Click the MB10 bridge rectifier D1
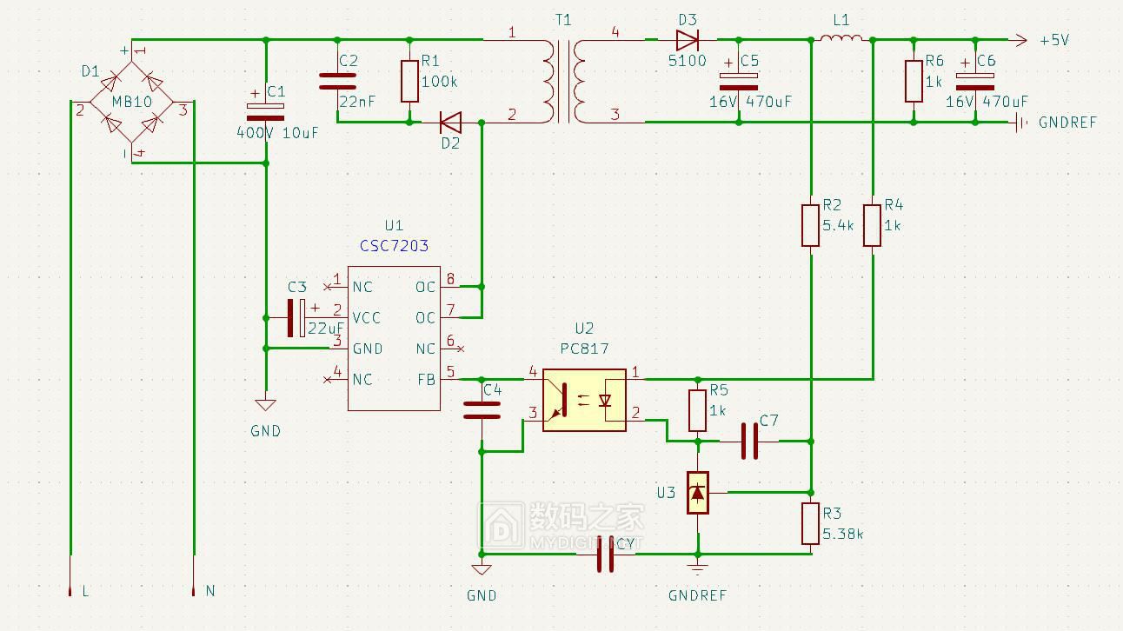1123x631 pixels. [x=131, y=102]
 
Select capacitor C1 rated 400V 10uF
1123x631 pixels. [x=265, y=111]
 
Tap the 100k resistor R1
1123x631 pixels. [x=409, y=81]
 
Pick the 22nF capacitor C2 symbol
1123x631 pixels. [x=337, y=81]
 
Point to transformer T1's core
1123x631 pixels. [x=564, y=81]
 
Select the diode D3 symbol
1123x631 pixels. [x=688, y=39]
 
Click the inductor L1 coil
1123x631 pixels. [x=841, y=38]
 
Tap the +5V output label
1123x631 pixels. [x=1053, y=40]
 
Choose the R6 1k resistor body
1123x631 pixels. [x=913, y=81]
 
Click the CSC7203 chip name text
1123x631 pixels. [x=394, y=246]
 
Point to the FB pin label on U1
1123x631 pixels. [x=426, y=380]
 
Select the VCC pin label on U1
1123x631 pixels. [x=366, y=318]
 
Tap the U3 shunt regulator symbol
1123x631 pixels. [x=698, y=493]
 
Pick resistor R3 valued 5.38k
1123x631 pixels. [x=810, y=523]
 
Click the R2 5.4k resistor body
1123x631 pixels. [x=810, y=224]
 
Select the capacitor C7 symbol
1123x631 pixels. [x=749, y=442]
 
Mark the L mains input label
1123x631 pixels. [x=84, y=591]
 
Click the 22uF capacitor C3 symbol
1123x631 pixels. [x=296, y=318]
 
